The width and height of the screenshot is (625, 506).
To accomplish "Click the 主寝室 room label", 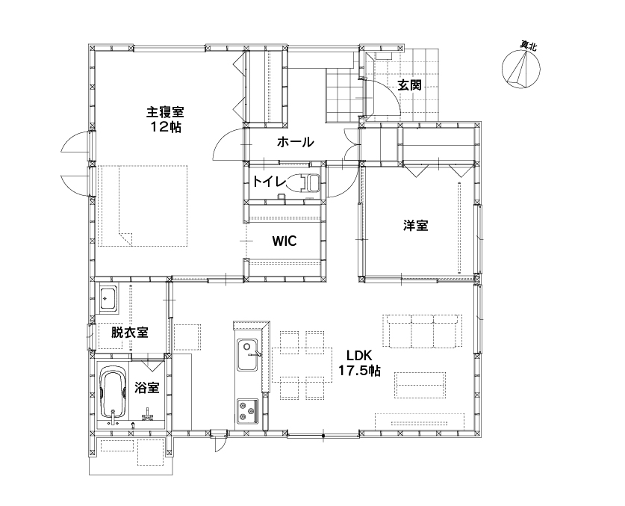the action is point(165,111).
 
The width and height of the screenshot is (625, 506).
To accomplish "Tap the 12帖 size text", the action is point(166,127).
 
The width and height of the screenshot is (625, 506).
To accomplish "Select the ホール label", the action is point(296,142).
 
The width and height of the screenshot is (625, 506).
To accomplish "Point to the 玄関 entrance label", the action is point(409,85).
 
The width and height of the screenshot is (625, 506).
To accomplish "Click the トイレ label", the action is point(269,182).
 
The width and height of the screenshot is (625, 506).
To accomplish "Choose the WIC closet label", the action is point(284,241).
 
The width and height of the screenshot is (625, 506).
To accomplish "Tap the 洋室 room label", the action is point(415,226).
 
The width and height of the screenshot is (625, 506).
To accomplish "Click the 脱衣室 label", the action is point(129,332).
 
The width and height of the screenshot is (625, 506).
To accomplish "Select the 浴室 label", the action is point(146,387).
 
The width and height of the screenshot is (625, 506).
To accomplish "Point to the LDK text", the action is point(358,355).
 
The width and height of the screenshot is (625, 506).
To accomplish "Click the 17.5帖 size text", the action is point(359,371).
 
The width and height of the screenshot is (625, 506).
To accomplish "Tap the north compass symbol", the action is point(521,69).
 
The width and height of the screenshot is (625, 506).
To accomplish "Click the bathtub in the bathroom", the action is point(114,394).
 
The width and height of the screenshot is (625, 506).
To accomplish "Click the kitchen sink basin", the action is point(247,354).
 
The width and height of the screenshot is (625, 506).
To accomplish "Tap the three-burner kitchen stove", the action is point(248,410).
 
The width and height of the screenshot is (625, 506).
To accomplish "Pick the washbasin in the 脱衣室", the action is point(108,298).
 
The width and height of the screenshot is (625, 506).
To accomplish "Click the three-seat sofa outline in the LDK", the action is point(423,331).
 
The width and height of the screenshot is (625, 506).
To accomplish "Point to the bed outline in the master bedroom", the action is point(143,206).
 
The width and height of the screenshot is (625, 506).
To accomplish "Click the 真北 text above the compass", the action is point(528,46).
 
